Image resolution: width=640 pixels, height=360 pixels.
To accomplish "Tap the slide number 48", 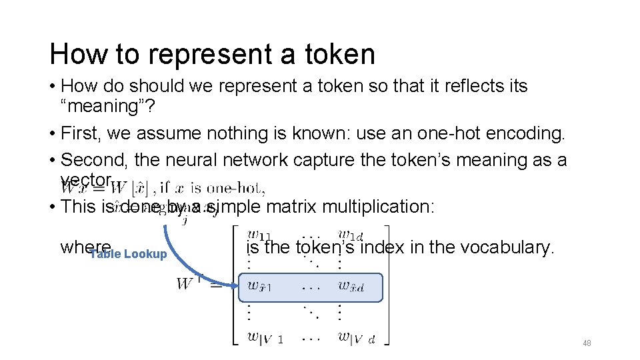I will click(x=587, y=343).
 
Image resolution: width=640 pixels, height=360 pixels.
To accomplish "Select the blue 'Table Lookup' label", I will click(x=129, y=254).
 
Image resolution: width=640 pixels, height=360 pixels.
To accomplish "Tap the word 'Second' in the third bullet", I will click(x=93, y=160).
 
